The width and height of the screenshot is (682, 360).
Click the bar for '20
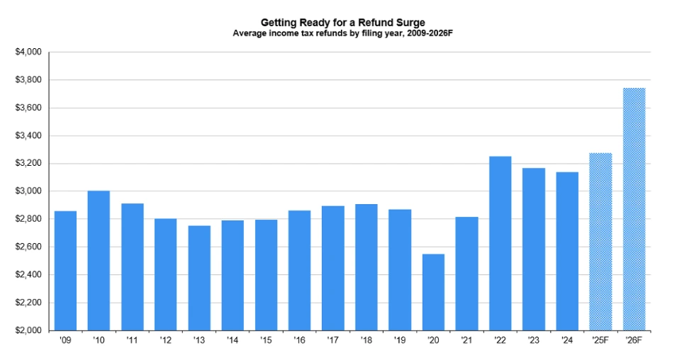point(433,292)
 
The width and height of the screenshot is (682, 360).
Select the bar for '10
point(99,260)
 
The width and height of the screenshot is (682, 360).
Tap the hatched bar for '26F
point(634,209)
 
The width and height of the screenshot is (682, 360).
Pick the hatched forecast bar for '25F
point(600,242)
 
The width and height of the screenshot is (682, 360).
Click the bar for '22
point(500,243)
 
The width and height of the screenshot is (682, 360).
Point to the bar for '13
point(199,278)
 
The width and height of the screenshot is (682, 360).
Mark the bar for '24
point(567,251)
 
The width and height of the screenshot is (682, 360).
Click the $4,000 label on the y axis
point(28,52)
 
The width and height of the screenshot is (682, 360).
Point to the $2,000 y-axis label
point(28,331)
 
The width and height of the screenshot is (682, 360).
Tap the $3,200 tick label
point(28,164)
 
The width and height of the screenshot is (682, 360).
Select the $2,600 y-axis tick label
point(28,247)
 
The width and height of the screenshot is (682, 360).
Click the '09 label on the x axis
point(65,342)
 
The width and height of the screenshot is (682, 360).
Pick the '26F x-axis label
point(634,342)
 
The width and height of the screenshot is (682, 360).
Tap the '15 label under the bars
point(266,342)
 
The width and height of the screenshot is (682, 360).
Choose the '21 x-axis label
point(466,342)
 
